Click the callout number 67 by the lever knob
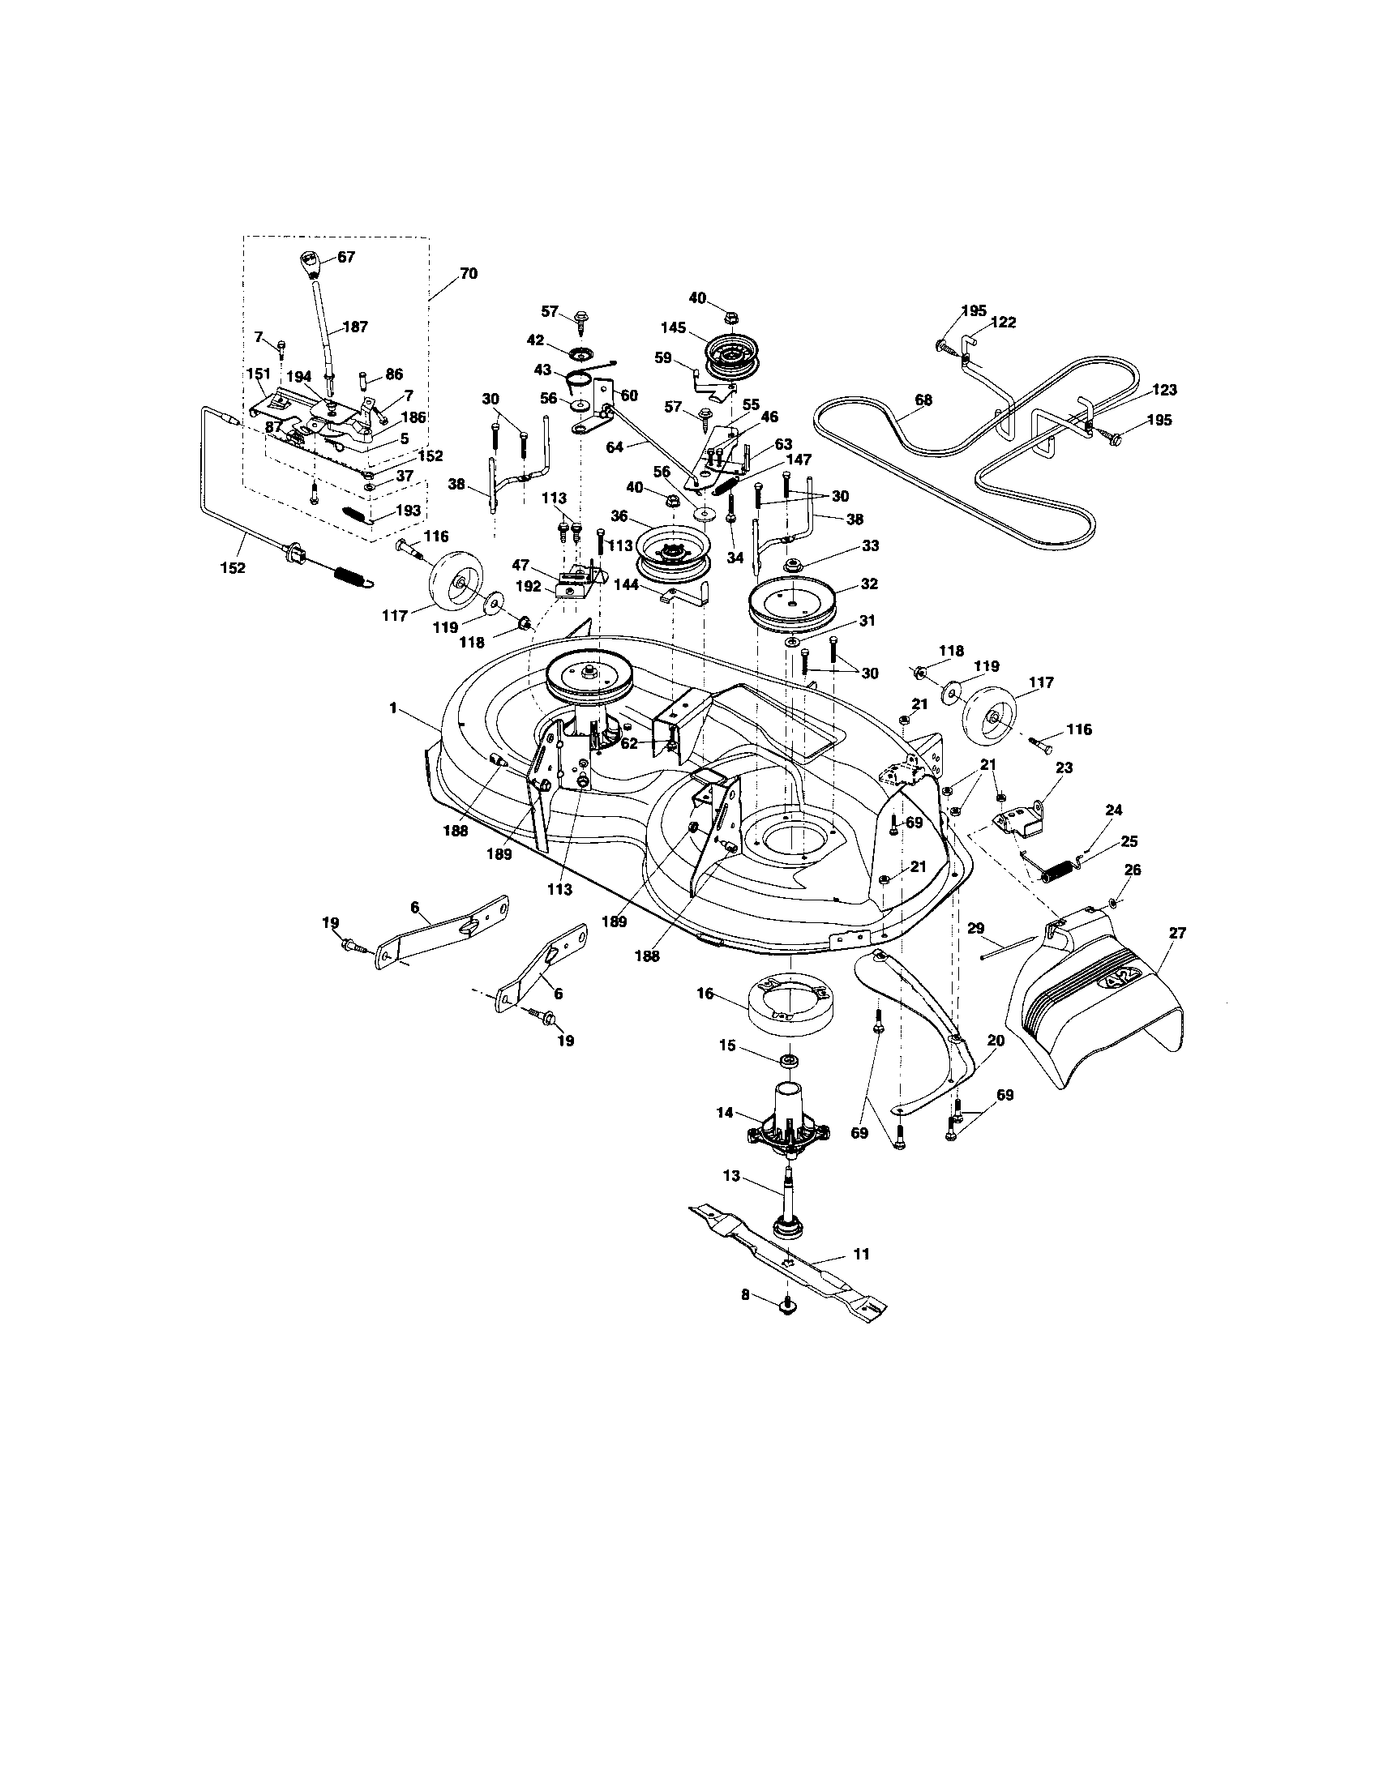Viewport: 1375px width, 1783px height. tap(346, 256)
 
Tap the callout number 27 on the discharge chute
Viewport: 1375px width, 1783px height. tap(1177, 933)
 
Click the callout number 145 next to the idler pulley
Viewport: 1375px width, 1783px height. tap(673, 327)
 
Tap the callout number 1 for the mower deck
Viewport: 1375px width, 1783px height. tap(393, 708)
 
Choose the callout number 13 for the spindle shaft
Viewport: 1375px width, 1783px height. tap(730, 1177)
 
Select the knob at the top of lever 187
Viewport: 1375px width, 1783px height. tap(312, 263)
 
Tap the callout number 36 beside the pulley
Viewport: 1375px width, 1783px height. tap(618, 516)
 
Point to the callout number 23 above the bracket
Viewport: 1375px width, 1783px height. tap(1063, 768)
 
